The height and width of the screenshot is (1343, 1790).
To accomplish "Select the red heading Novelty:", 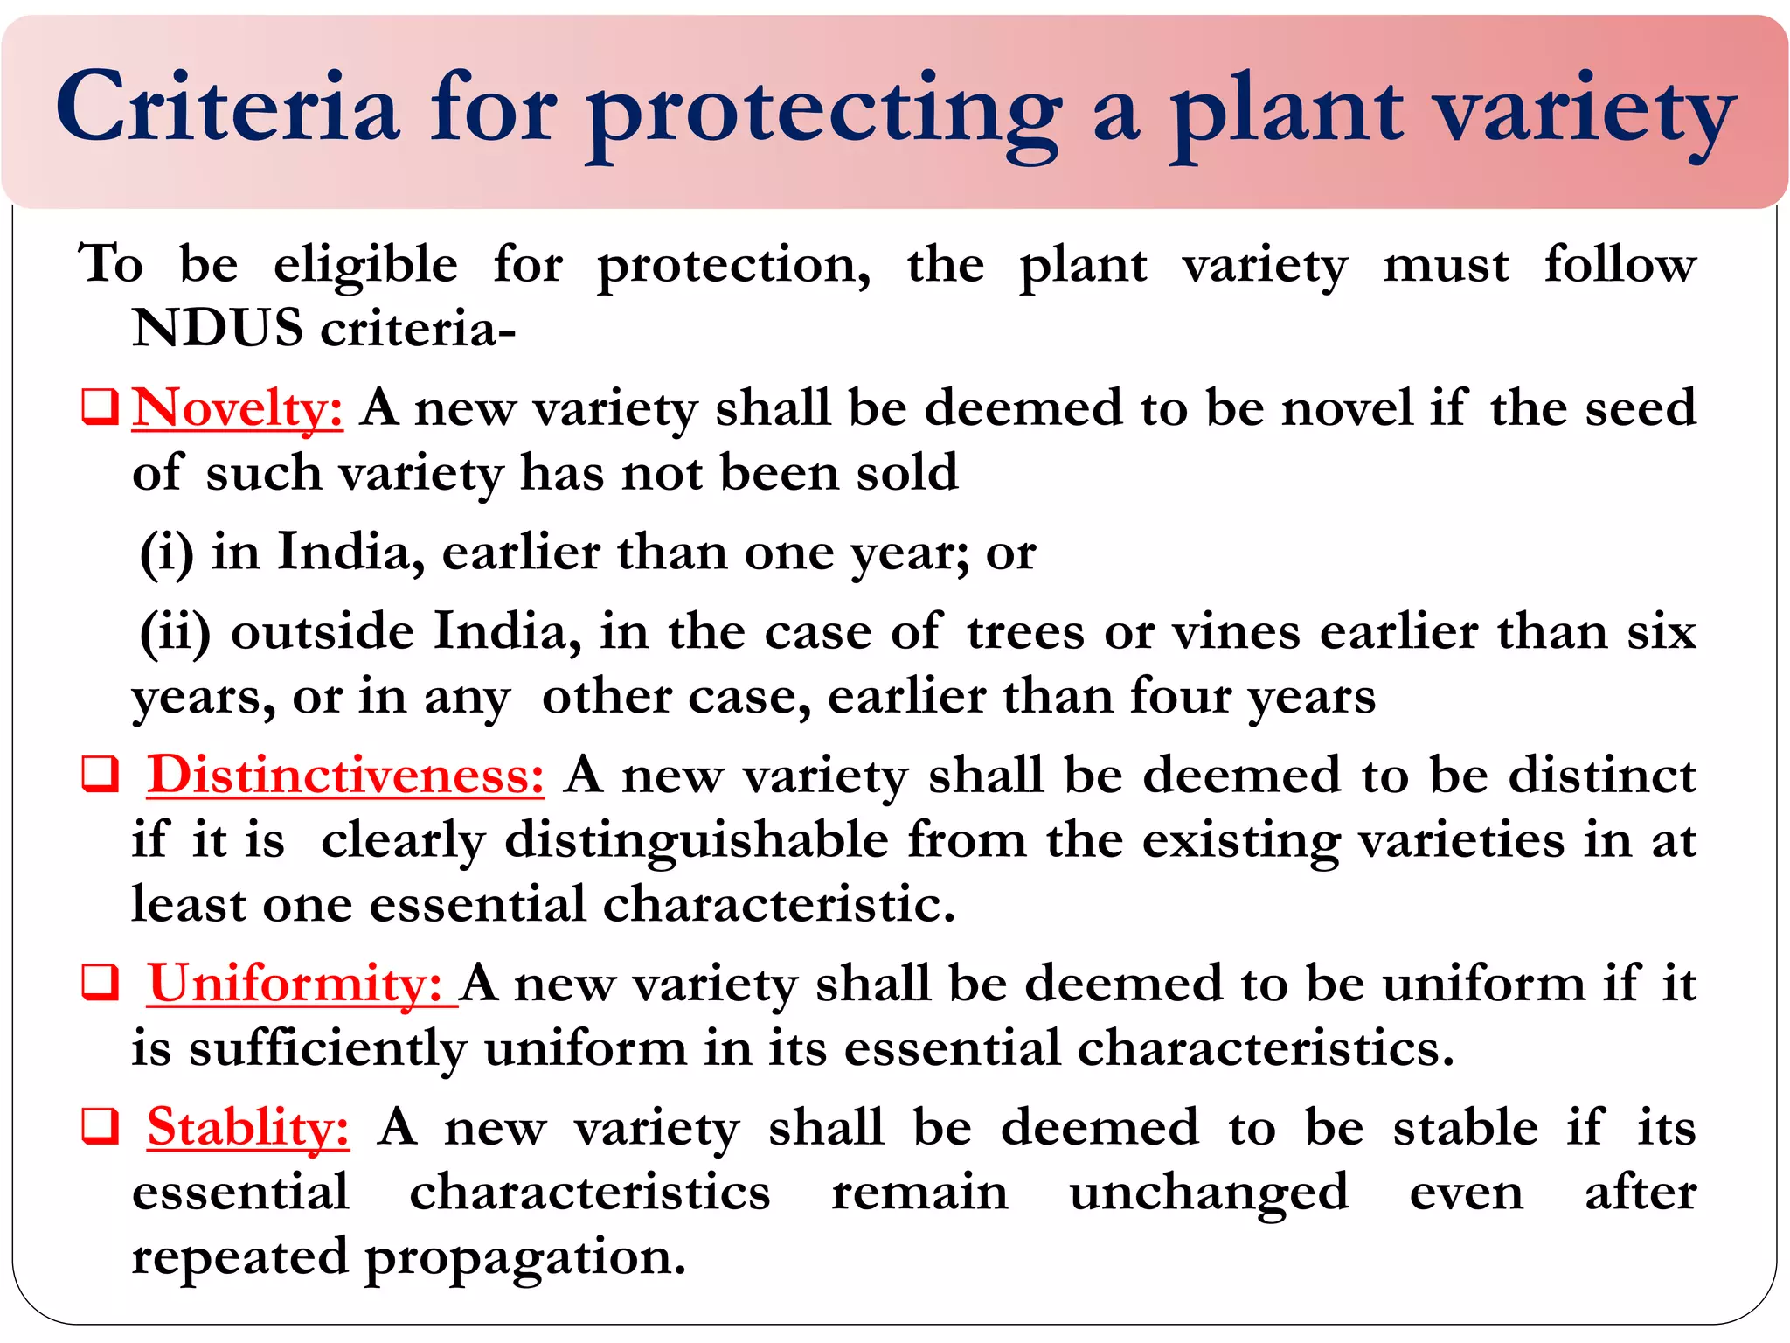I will (x=237, y=408).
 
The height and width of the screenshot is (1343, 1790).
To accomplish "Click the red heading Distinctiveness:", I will (x=345, y=776).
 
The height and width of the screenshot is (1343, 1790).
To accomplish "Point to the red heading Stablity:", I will (x=248, y=1127).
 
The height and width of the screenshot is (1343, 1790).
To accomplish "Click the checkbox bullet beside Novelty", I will (x=100, y=408).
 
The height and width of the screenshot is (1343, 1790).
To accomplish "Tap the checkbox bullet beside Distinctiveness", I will (x=100, y=776).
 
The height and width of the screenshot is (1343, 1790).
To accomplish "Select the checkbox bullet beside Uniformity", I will (x=100, y=984).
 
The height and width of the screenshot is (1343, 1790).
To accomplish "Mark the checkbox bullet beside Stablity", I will (x=100, y=1127).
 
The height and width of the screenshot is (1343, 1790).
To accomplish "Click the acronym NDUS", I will (x=218, y=330).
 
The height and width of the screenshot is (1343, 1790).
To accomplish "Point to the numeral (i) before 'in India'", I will (x=166, y=553).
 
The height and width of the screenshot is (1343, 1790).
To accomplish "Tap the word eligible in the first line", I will (x=365, y=266).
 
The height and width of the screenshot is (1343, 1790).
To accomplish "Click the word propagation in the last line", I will (x=524, y=1259).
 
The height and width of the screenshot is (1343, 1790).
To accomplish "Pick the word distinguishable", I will (x=697, y=842).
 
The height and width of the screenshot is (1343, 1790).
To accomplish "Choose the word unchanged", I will (x=1209, y=1193).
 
